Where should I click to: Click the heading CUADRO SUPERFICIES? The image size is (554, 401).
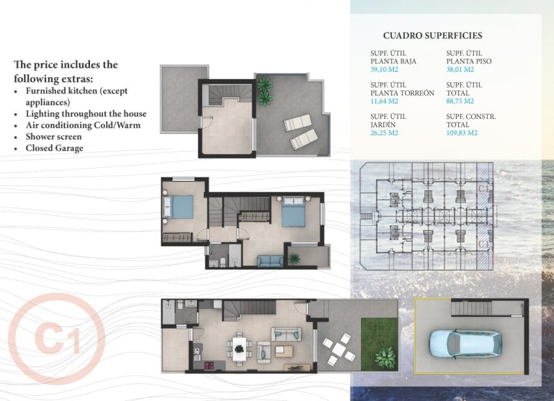[432, 35]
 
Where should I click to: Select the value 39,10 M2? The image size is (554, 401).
[385, 70]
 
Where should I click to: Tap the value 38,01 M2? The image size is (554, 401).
[460, 70]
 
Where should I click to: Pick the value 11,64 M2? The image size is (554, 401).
[385, 101]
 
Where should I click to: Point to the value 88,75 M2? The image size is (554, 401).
[460, 101]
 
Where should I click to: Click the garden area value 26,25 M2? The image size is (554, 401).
[385, 133]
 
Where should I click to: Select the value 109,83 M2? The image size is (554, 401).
[462, 133]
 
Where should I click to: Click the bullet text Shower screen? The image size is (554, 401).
[53, 136]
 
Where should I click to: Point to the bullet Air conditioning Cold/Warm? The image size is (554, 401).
[83, 125]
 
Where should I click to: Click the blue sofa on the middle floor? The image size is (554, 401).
[269, 261]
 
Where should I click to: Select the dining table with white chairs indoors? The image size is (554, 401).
[239, 347]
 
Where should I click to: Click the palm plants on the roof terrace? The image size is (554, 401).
[264, 90]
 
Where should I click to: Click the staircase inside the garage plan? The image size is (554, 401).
[471, 308]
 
